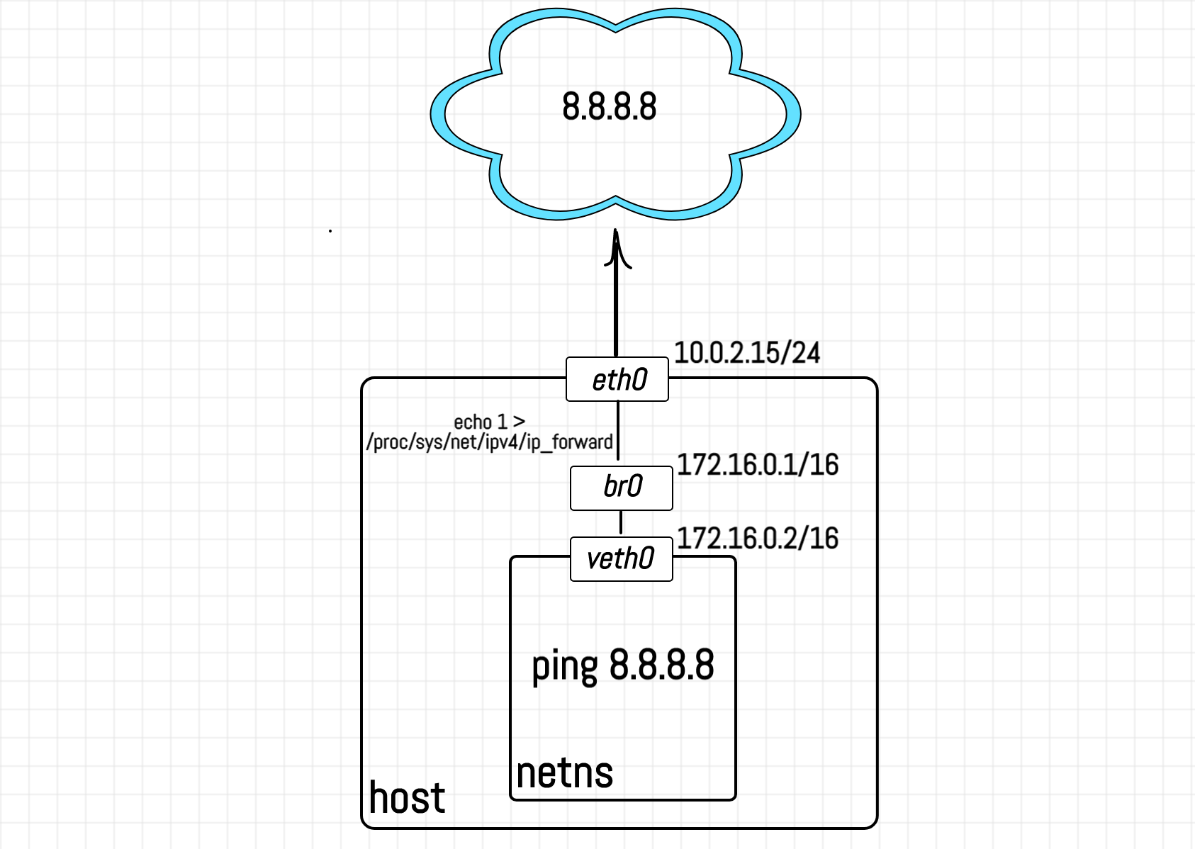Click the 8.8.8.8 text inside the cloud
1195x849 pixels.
610,107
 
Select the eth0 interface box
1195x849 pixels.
617,380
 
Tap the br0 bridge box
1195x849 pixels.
622,488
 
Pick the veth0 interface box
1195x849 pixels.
621,559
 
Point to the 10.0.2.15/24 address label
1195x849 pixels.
746,353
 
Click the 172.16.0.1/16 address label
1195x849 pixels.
758,465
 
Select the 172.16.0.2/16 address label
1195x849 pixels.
758,539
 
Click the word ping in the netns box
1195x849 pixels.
565,666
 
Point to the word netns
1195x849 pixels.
565,772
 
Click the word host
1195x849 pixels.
407,798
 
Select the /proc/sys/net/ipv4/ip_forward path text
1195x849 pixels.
489,442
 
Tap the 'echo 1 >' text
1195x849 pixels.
489,422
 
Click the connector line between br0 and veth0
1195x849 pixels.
621,523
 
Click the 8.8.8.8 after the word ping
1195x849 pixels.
661,665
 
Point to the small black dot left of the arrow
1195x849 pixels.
330,231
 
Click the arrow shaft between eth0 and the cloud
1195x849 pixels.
616,312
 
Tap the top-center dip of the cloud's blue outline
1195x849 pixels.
616,28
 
